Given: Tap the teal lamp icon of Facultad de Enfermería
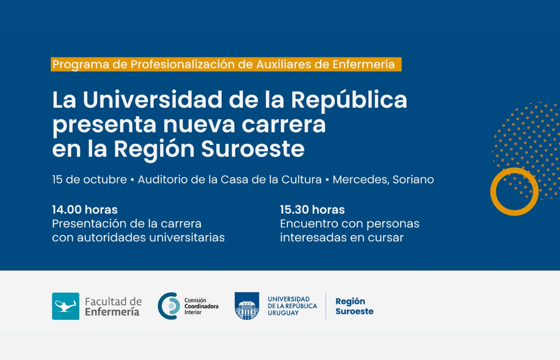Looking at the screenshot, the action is pyautogui.click(x=65, y=306).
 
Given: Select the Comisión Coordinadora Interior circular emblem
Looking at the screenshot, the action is pyautogui.click(x=169, y=306).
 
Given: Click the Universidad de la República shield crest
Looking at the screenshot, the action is pyautogui.click(x=247, y=306).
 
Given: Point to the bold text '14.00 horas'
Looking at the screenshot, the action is pyautogui.click(x=85, y=209).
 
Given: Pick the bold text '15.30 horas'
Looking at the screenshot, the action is pyautogui.click(x=312, y=209).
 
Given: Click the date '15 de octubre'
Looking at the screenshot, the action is pyautogui.click(x=89, y=179).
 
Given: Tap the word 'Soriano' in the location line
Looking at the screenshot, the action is pyautogui.click(x=413, y=179).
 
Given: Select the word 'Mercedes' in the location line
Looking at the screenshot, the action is pyautogui.click(x=361, y=179).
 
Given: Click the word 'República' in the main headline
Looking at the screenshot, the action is pyautogui.click(x=349, y=100).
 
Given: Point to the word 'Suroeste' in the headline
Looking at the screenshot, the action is pyautogui.click(x=253, y=149).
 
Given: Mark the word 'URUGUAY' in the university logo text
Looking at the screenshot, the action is pyautogui.click(x=283, y=313).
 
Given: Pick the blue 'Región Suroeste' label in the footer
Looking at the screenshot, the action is pyautogui.click(x=354, y=306).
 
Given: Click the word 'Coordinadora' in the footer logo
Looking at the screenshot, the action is pyautogui.click(x=201, y=306).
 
